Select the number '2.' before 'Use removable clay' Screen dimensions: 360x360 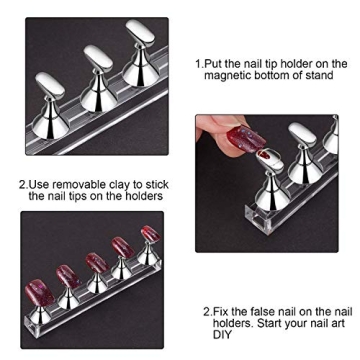click(x=25, y=183)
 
